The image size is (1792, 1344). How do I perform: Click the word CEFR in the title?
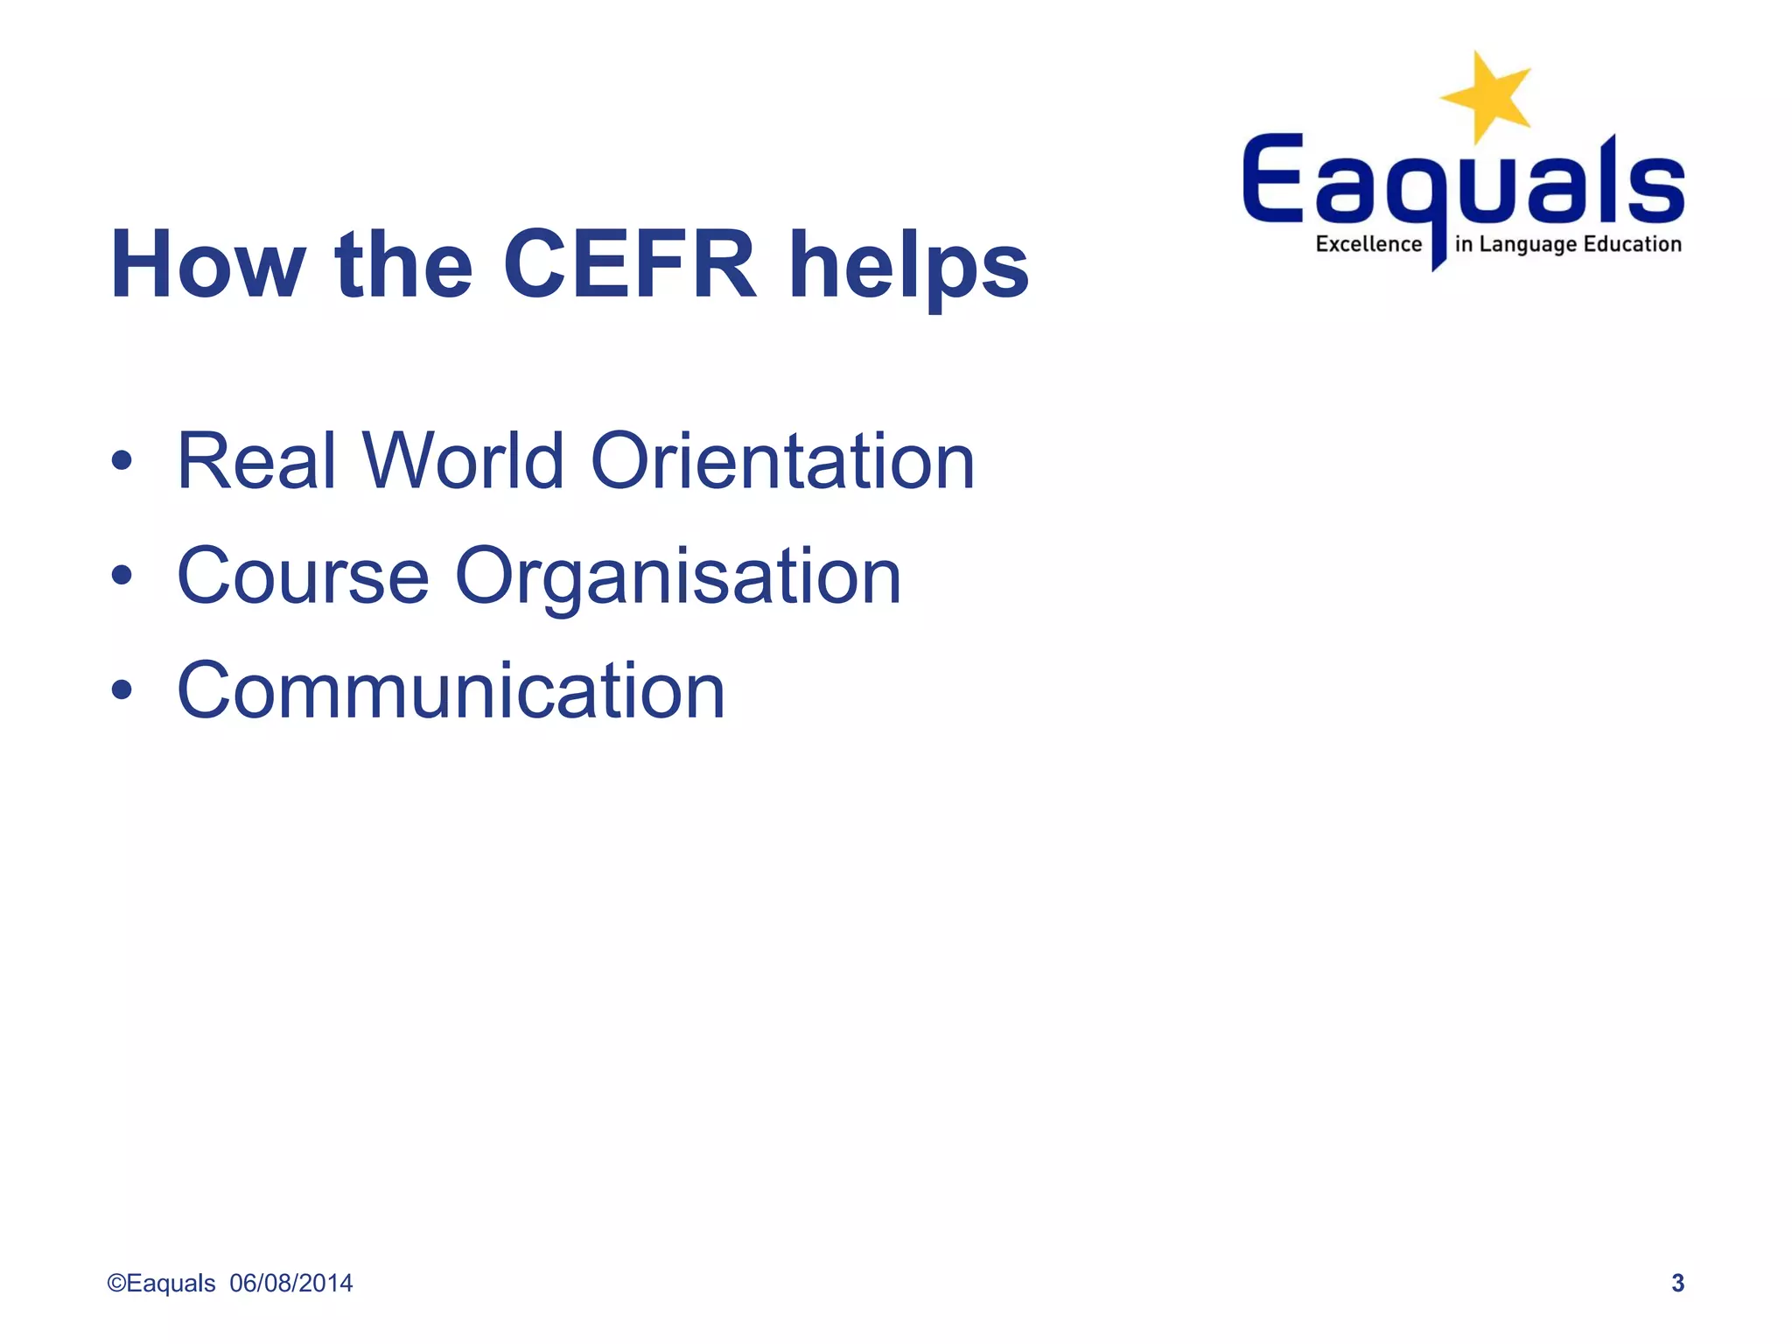pos(629,264)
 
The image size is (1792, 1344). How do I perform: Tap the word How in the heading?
pos(208,264)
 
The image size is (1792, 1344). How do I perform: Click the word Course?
pos(303,576)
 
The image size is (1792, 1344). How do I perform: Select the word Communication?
pos(451,690)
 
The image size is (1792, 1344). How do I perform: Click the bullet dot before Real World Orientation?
pos(122,461)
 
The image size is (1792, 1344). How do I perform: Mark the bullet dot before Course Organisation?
pos(122,576)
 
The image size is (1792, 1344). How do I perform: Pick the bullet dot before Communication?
pos(122,690)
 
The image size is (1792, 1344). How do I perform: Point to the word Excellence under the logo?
pos(1368,244)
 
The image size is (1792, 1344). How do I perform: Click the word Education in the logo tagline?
pos(1632,244)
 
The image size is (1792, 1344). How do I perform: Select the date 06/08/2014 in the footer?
pos(291,1283)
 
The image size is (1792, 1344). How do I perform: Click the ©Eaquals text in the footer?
pos(161,1283)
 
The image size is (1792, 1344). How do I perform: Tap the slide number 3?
pos(1677,1283)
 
